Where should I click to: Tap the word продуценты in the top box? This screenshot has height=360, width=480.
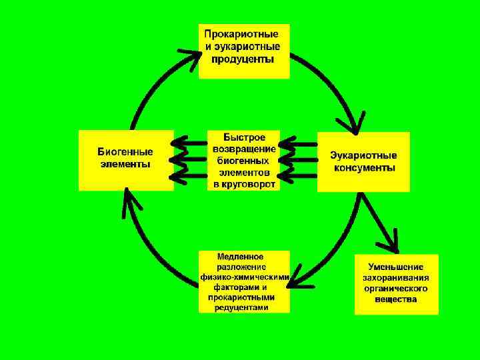(243, 59)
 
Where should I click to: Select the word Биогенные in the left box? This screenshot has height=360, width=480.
(125, 152)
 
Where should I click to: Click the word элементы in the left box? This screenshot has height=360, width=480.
(125, 164)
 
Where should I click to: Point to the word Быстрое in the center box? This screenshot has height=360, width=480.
(244, 137)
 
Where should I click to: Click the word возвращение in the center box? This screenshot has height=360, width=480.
(244, 149)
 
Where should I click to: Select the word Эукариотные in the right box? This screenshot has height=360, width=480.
(364, 155)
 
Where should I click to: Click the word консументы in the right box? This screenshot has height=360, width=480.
(364, 168)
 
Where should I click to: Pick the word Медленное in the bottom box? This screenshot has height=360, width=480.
(241, 257)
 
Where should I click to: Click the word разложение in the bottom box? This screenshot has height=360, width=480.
(241, 267)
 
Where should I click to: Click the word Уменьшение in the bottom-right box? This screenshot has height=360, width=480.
(397, 267)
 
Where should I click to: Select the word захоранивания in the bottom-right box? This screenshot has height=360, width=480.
(396, 278)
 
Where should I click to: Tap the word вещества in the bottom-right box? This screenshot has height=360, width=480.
(396, 299)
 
